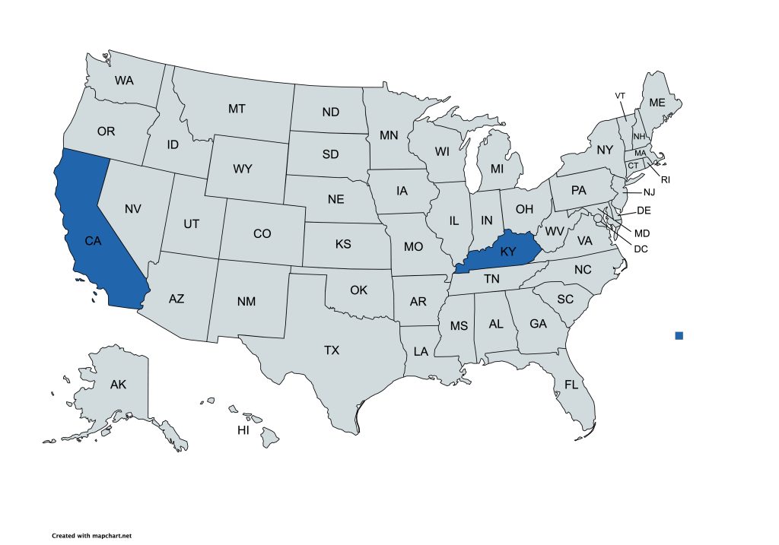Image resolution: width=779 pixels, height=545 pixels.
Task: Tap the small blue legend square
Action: click(679, 335)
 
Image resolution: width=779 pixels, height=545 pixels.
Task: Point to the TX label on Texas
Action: click(332, 350)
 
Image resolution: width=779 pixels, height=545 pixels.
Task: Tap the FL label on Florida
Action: click(571, 385)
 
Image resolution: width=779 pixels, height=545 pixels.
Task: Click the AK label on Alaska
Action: click(118, 385)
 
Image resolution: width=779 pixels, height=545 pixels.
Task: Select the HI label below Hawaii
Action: click(243, 430)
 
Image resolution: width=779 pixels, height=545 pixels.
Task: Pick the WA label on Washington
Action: click(125, 80)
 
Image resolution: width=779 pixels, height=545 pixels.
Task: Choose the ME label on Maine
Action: click(656, 103)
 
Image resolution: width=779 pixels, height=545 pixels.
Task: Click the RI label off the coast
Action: click(665, 180)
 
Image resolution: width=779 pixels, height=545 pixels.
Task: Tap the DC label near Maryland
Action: click(641, 248)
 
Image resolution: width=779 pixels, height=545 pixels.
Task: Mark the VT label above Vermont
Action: click(620, 95)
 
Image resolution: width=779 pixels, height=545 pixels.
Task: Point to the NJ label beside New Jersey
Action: click(648, 192)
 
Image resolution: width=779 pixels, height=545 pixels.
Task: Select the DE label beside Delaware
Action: click(644, 211)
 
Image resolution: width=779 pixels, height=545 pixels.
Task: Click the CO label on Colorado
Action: click(262, 233)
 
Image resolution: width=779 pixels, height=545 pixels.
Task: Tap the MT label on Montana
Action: click(237, 109)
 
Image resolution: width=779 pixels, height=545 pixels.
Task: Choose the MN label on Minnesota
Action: click(389, 136)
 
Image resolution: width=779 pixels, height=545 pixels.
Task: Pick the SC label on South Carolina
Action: click(564, 299)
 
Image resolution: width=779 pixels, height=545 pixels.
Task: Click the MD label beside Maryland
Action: click(642, 233)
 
